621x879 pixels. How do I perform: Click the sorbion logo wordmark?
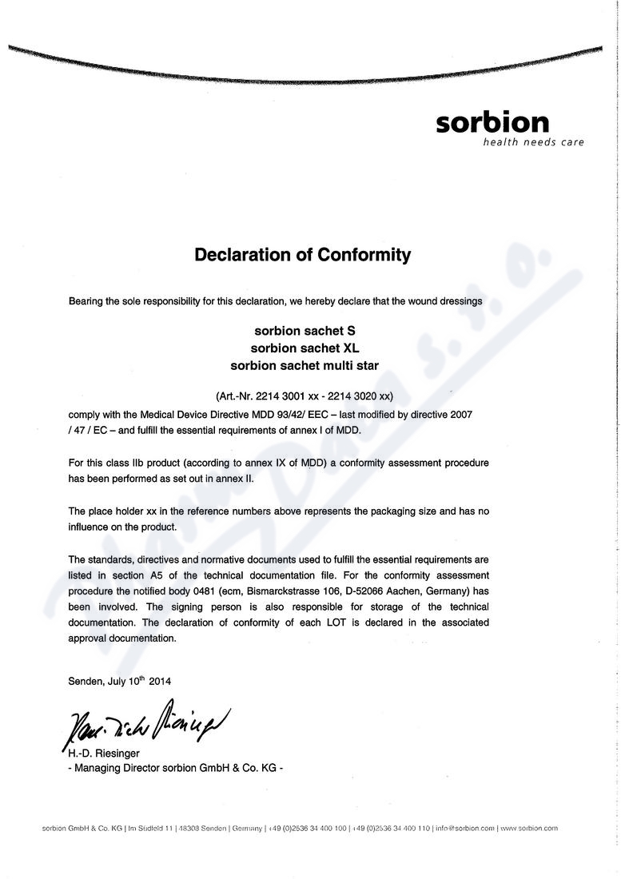click(x=492, y=123)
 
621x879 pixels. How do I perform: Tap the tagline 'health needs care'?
click(x=533, y=142)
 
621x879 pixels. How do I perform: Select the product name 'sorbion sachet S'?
click(x=305, y=330)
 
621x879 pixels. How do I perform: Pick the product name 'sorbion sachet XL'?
click(x=305, y=348)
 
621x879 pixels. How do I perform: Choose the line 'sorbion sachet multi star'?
click(x=305, y=365)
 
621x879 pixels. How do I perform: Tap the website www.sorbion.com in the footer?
click(x=530, y=828)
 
